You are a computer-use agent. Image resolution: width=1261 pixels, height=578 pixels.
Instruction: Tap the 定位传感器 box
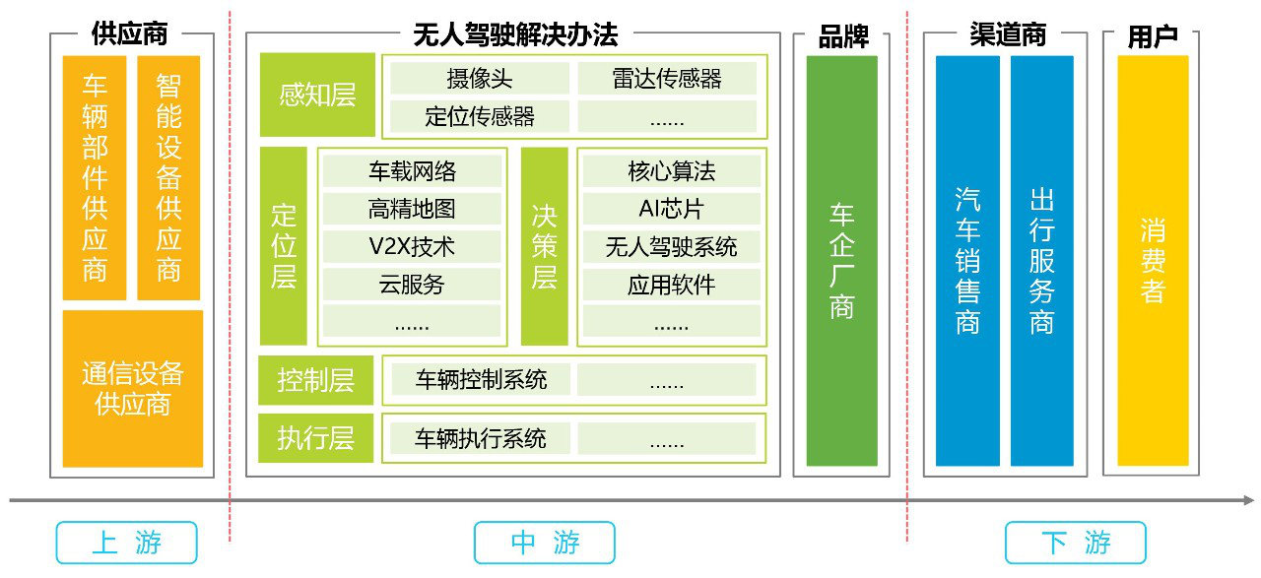coord(480,116)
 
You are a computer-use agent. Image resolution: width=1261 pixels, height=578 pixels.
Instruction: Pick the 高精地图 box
coord(412,209)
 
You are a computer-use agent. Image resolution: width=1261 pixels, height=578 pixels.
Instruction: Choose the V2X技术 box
coord(412,246)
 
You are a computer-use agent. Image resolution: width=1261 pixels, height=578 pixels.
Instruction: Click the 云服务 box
coord(412,284)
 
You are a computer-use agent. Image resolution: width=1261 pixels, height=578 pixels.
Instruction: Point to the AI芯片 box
coord(671,209)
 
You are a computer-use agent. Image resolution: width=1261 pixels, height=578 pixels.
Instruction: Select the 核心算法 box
coord(671,171)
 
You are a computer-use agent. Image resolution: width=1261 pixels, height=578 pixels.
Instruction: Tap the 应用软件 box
coord(671,284)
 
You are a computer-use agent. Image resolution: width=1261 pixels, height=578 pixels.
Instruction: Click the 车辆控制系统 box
coord(480,379)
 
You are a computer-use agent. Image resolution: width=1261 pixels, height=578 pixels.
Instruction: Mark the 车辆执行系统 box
coord(480,438)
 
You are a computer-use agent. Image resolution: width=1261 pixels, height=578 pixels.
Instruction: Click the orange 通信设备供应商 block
coord(132,388)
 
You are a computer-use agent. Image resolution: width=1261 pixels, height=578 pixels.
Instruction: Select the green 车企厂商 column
coord(841,260)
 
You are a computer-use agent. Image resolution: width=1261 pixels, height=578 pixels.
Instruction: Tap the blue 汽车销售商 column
coord(967,260)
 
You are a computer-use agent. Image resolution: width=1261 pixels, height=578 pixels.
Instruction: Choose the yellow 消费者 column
coord(1153,260)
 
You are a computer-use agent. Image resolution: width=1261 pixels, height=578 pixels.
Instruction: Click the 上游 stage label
coord(126,543)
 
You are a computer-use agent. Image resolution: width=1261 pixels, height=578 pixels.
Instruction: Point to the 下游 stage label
coord(1075,543)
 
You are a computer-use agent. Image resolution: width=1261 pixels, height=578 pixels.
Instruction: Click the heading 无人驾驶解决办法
coord(515,35)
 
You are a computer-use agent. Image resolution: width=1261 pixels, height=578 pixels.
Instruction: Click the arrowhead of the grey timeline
coord(1248,500)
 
